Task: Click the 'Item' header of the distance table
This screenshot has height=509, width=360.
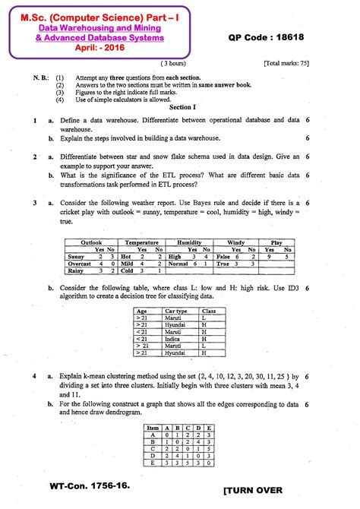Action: (x=153, y=428)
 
